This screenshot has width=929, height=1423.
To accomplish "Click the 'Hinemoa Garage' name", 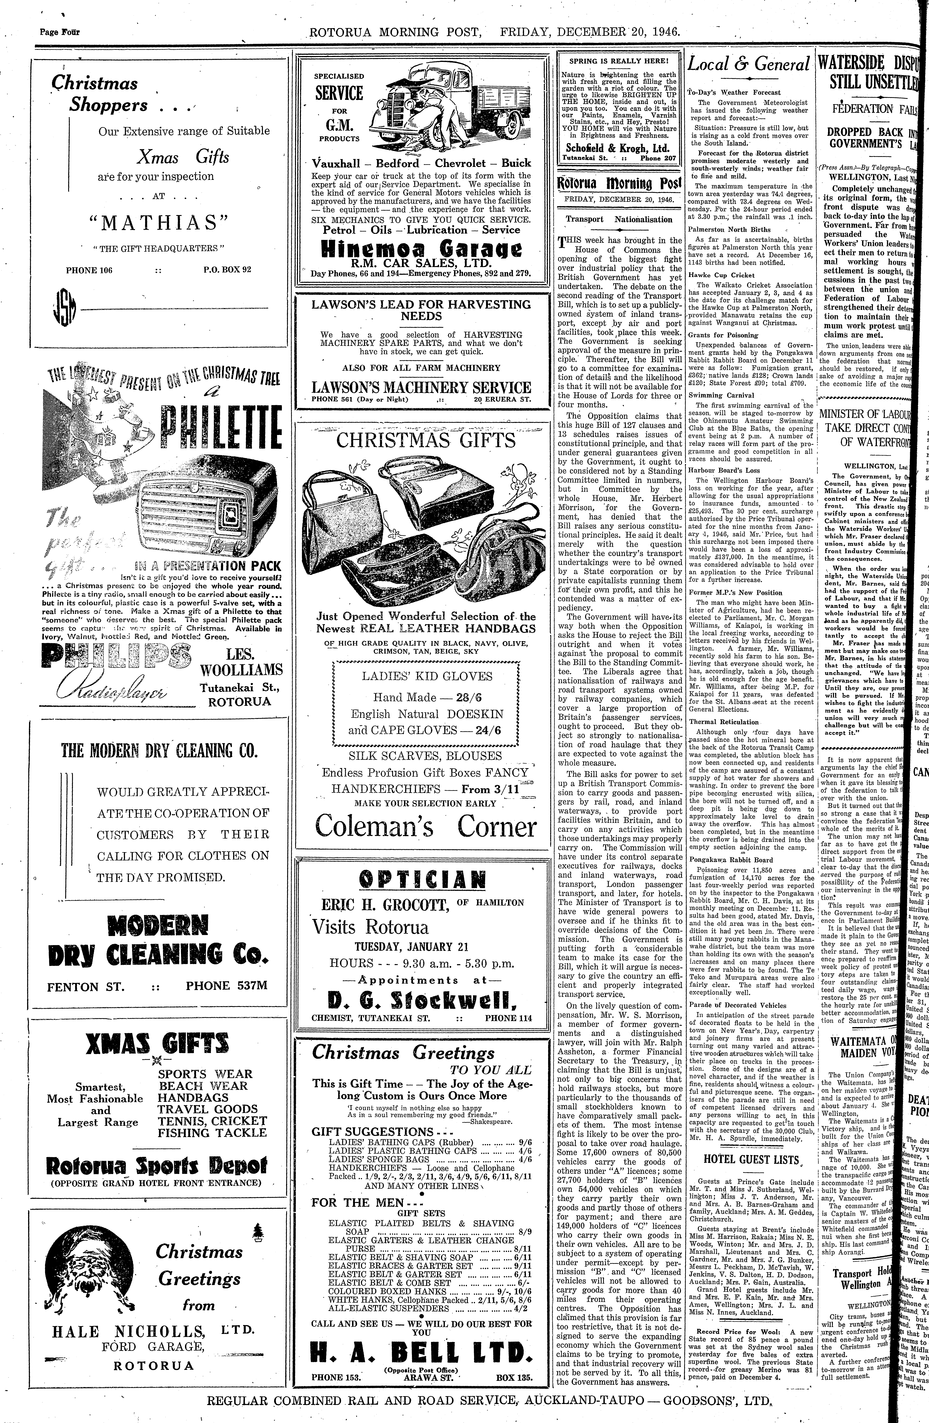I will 422,248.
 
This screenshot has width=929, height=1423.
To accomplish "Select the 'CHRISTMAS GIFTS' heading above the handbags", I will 425,441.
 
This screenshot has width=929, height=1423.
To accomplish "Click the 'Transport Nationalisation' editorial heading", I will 619,219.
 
